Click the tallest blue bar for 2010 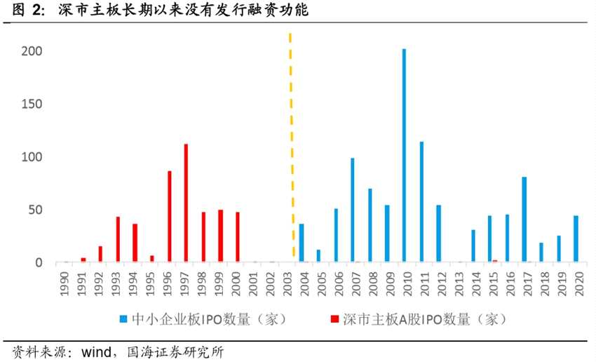[x=404, y=156]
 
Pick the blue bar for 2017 [x=524, y=220]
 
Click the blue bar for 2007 [x=352, y=210]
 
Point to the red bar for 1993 [x=118, y=240]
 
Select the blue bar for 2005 [x=318, y=256]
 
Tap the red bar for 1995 [x=152, y=259]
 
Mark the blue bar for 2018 [x=541, y=253]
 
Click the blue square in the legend [x=125, y=319]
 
